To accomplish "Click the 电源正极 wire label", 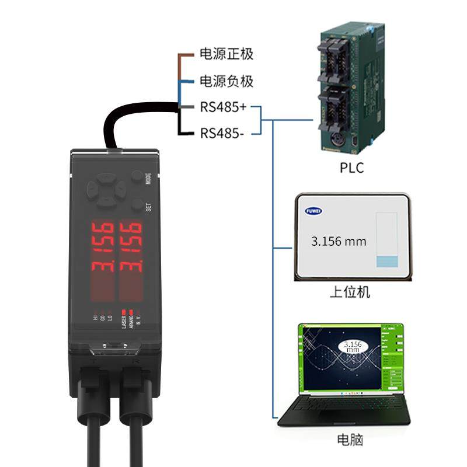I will pos(226,55).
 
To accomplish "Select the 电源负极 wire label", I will pos(226,81).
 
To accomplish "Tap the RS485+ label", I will pos(222,107).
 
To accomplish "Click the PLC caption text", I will pos(351,168).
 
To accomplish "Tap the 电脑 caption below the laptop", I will pos(350,440).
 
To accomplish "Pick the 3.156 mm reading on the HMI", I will pos(338,241).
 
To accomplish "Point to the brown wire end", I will pos(186,55).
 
